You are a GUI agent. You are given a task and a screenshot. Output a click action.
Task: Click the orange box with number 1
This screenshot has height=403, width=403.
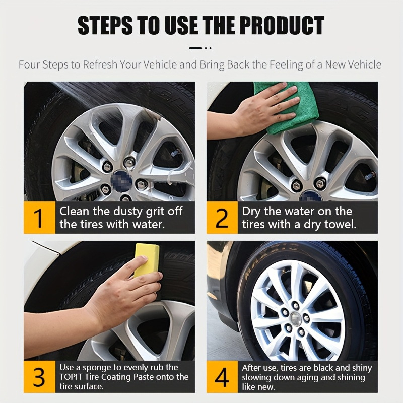[x=40, y=218]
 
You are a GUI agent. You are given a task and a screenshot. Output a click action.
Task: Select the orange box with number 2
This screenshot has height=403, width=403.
[x=222, y=218]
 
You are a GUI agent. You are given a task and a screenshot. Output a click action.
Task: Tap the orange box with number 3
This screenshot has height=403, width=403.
[x=40, y=376]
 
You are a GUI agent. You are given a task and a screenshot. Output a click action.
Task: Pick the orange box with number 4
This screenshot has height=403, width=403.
[x=222, y=376]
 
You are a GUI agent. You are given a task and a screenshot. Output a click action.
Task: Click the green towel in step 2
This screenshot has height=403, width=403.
[x=288, y=108]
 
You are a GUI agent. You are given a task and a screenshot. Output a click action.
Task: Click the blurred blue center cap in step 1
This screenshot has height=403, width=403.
[x=121, y=181]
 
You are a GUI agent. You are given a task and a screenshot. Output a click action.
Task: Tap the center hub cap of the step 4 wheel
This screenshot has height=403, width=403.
[x=296, y=319]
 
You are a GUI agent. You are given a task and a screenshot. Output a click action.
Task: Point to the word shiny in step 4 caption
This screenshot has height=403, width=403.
[x=362, y=368]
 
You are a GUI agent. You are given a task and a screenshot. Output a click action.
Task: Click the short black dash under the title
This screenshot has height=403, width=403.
[x=195, y=48]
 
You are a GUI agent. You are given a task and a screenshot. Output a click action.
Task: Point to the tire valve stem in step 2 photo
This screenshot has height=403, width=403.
[x=370, y=175]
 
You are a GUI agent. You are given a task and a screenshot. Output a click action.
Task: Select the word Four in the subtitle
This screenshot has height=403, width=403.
[x=30, y=64]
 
